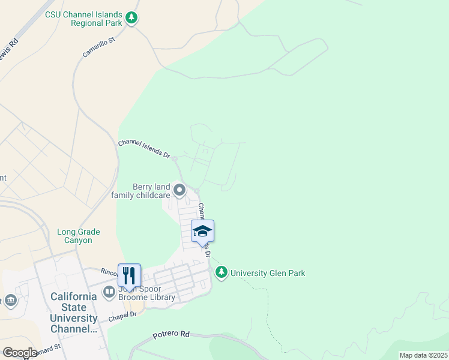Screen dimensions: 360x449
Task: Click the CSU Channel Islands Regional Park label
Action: click(x=83, y=19)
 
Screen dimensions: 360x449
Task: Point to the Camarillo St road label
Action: click(x=98, y=46)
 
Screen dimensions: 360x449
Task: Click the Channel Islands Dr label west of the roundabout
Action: click(x=143, y=148)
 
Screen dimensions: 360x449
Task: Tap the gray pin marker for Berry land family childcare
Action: click(x=179, y=191)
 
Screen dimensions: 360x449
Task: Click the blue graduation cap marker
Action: click(x=202, y=231)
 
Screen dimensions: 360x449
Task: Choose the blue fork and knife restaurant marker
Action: click(x=129, y=275)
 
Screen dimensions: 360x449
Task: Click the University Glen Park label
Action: click(x=268, y=274)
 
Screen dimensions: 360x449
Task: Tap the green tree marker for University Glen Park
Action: click(x=222, y=273)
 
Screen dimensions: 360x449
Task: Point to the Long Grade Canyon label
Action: click(x=79, y=236)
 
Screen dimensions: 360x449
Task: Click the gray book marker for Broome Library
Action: click(x=109, y=293)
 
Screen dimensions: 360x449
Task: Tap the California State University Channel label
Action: click(x=73, y=313)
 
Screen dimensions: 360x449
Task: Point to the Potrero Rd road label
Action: click(x=171, y=334)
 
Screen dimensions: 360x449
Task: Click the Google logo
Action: click(x=20, y=352)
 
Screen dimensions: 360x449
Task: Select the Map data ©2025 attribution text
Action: click(x=423, y=355)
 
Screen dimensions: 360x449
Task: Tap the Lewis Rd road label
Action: click(x=8, y=50)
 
